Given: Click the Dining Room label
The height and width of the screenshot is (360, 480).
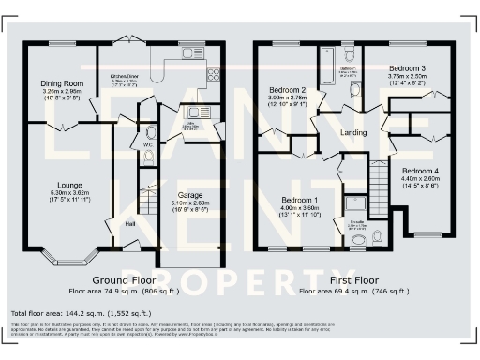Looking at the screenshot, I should [x=63, y=83].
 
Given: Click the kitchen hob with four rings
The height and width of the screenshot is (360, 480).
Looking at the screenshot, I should [x=213, y=75].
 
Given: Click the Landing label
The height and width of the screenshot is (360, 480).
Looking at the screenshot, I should [x=352, y=132].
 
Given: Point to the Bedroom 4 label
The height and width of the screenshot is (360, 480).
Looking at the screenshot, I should [x=421, y=172].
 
